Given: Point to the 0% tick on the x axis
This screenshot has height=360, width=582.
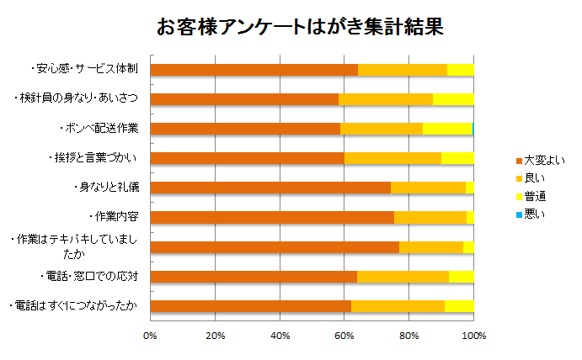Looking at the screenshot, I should pos(150,336).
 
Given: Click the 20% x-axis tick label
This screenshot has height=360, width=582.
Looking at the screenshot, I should pos(215,336).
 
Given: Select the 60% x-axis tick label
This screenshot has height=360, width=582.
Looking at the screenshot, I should pos(344,336).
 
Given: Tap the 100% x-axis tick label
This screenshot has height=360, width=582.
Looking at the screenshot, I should pos(474,336).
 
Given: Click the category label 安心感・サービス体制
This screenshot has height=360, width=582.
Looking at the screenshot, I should pos(83,69).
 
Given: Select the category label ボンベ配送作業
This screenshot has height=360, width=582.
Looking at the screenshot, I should pos(100,128).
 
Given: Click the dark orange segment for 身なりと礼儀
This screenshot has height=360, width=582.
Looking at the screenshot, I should pos(270,188).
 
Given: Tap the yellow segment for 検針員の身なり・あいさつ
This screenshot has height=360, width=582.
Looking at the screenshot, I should pos(453,99).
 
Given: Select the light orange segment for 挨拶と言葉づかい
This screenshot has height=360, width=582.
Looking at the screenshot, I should pos(392,158).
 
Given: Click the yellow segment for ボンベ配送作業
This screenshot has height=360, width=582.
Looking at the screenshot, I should pos(447,129).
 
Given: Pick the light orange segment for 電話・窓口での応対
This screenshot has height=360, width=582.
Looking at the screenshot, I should pos(403,276).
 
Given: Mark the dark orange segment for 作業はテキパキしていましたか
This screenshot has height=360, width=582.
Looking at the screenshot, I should pos(274,246).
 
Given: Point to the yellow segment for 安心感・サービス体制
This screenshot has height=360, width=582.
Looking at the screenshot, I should pos(461,70).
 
